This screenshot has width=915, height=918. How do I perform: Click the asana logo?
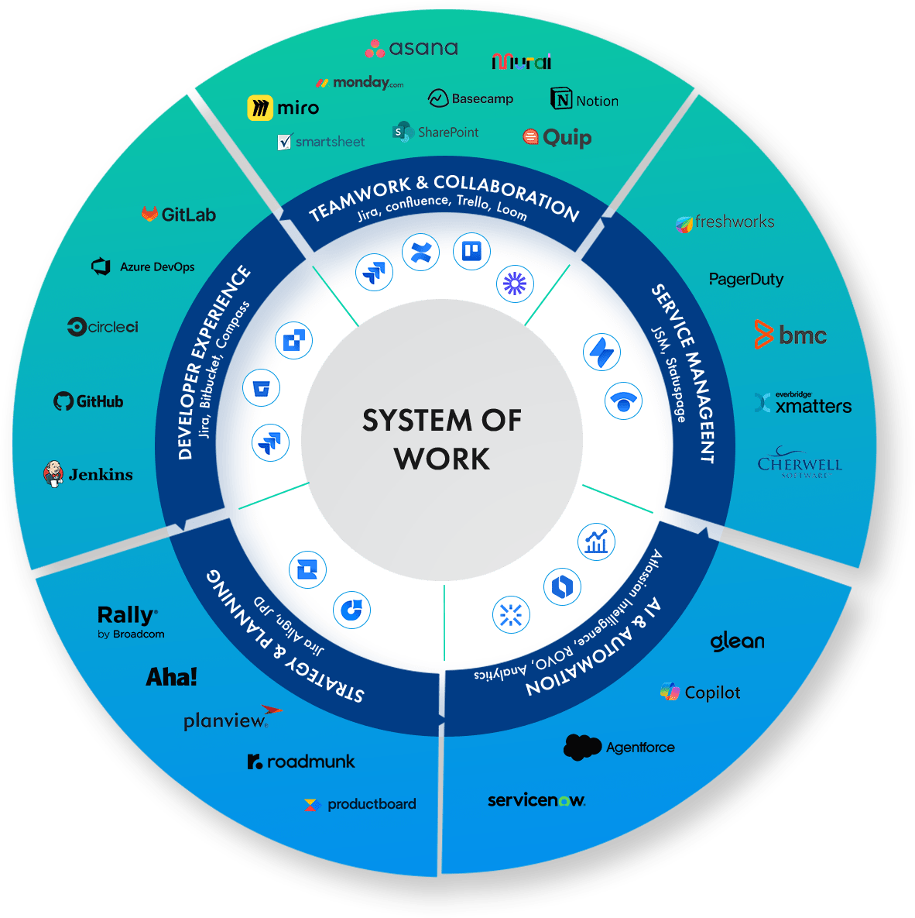(x=412, y=48)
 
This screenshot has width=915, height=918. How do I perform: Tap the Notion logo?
(x=584, y=100)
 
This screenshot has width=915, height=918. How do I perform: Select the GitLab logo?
(x=179, y=215)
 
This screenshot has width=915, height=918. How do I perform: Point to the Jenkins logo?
(x=88, y=474)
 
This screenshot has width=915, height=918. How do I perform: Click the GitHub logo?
(x=88, y=401)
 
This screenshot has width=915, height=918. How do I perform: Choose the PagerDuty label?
(x=746, y=279)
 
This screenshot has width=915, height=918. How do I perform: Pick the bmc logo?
(x=790, y=335)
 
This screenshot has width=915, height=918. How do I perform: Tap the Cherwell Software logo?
(x=800, y=464)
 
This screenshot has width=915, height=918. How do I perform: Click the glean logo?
(x=737, y=641)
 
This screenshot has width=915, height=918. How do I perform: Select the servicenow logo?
(x=536, y=800)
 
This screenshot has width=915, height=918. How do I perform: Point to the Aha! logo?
(x=172, y=677)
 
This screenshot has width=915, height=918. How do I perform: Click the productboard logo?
(x=361, y=804)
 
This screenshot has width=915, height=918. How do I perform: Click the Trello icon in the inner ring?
(x=471, y=251)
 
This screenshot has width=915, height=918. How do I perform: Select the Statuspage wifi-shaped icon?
(x=623, y=401)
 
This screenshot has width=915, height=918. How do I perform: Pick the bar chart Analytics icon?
(x=596, y=541)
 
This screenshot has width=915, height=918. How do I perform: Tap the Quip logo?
(x=557, y=138)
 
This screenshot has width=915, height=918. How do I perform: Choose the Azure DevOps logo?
(x=143, y=266)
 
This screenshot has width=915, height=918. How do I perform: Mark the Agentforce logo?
(x=619, y=748)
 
